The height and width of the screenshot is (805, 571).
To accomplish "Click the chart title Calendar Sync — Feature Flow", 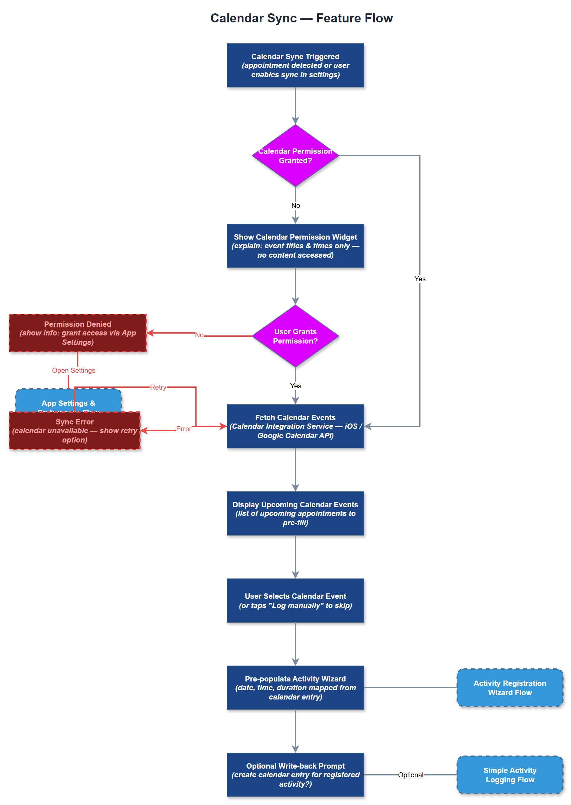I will point(301,18).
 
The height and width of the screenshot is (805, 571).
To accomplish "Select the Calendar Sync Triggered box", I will point(295,65).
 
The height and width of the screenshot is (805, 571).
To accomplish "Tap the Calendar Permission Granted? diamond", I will point(295,156).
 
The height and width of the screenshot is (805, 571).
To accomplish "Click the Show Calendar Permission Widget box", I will point(295,246).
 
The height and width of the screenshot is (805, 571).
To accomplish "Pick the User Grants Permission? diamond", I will point(295,336).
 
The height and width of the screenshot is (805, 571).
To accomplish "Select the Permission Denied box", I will point(78,333).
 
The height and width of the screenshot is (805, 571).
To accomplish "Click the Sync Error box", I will point(75,431).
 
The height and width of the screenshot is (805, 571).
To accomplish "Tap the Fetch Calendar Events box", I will point(295,426).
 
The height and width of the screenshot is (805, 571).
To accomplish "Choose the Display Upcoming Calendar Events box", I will point(295,513).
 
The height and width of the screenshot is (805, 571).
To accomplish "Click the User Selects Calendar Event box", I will point(295,600).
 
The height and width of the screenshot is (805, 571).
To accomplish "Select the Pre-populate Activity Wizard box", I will point(295,687).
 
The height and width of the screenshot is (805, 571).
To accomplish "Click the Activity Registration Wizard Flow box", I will point(509,687).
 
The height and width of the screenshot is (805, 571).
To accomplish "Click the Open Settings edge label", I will point(73,371).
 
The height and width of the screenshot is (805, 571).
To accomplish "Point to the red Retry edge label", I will point(158,387).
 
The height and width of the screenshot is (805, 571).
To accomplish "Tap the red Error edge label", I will point(183,429).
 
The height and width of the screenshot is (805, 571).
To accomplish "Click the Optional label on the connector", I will point(410,775).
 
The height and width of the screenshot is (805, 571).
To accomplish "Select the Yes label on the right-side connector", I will point(420,279).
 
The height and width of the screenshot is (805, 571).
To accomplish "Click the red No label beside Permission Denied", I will point(199,335).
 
